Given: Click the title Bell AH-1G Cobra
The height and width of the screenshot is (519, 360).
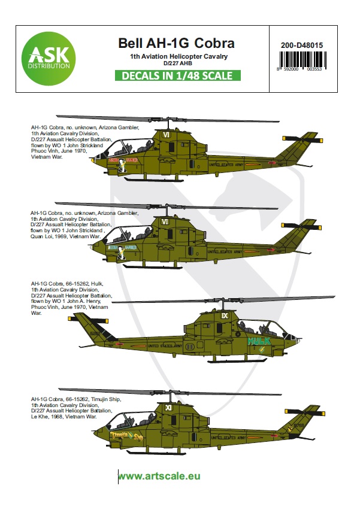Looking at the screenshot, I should point(174,43).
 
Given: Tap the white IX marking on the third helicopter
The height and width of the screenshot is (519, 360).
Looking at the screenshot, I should point(225,314).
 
